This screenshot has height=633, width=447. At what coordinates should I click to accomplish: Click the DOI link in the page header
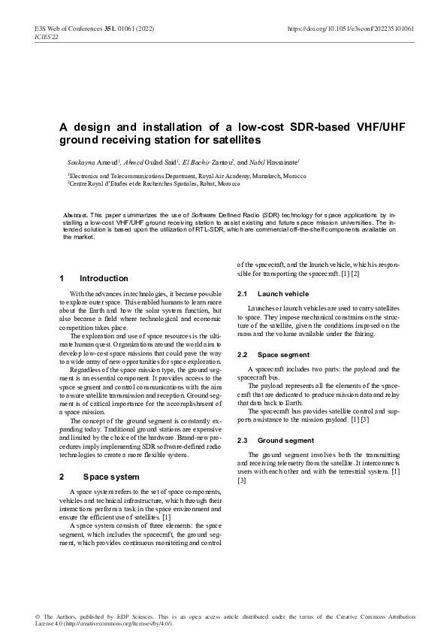pyautogui.click(x=351, y=29)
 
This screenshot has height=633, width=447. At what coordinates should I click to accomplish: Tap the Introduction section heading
pyautogui.click(x=104, y=278)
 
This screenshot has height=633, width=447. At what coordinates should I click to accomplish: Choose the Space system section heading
pyautogui.click(x=111, y=477)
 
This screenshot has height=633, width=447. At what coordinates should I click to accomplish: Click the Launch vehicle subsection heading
pyautogui.click(x=283, y=293)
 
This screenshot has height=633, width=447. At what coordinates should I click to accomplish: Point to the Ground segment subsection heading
pyautogui.click(x=285, y=440)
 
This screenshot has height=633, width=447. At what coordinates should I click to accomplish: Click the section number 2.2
pyautogui.click(x=243, y=354)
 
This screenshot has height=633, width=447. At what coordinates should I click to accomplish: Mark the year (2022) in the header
pyautogui.click(x=144, y=29)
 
